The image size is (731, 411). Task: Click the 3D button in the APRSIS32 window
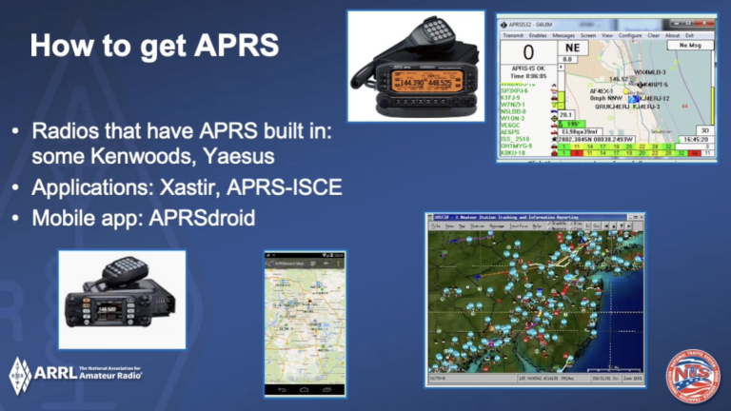(704, 129)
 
